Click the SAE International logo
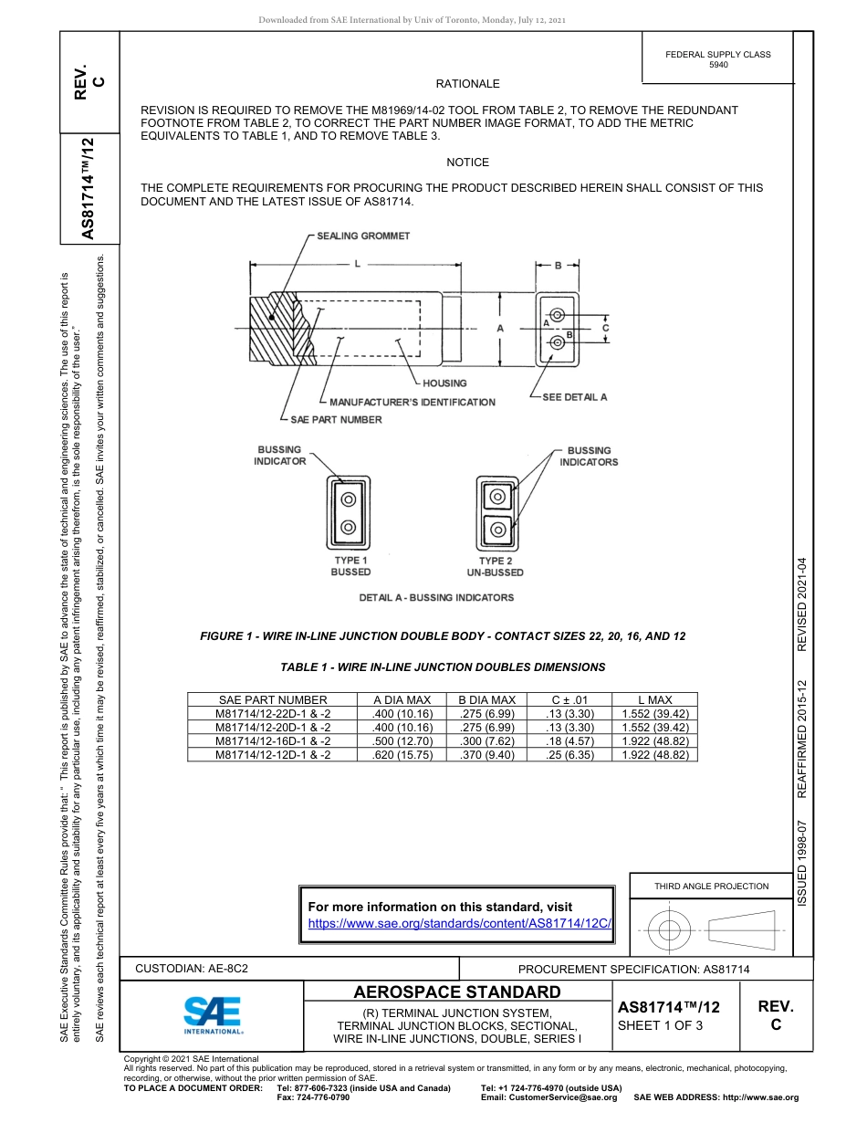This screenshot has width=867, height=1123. [213, 1014]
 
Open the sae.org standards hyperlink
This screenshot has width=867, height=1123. [459, 923]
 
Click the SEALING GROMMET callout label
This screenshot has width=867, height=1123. [363, 236]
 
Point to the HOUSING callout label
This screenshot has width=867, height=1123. [444, 383]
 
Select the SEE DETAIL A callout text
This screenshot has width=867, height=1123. [574, 397]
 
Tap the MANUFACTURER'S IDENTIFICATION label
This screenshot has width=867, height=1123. [412, 402]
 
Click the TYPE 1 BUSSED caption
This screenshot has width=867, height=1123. [350, 566]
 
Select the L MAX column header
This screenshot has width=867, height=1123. [654, 700]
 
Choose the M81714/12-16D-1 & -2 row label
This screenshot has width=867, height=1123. [273, 741]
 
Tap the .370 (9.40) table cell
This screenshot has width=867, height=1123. [486, 755]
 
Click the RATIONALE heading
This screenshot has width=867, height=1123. [468, 84]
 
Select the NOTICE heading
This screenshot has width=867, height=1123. [468, 163]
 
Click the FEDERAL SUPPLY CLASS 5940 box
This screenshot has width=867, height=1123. [718, 59]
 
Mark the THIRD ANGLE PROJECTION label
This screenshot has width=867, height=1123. [711, 886]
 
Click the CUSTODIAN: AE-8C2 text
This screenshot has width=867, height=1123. [192, 969]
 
